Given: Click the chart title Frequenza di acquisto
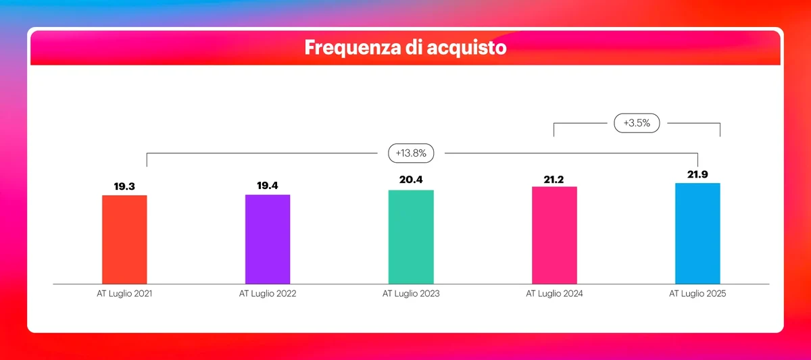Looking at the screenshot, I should (x=405, y=48).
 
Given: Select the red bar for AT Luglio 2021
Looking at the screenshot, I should (x=124, y=239).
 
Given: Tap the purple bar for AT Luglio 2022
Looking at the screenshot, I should (x=268, y=239).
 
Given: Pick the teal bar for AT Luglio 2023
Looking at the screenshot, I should (x=411, y=236).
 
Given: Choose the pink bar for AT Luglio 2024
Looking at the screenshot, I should (x=554, y=235).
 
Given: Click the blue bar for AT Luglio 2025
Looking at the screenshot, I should (x=697, y=233).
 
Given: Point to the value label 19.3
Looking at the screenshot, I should (x=124, y=185).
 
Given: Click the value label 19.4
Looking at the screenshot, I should (x=268, y=184).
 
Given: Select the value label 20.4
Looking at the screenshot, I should (x=411, y=180).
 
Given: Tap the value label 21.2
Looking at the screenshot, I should (x=554, y=176).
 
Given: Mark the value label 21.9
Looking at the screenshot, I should (x=697, y=173).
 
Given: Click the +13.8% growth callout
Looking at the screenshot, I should (x=411, y=153).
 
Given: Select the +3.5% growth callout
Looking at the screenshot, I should (x=637, y=124).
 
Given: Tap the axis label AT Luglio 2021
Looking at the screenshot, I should (x=124, y=294).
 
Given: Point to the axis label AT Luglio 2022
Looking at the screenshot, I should (x=268, y=294).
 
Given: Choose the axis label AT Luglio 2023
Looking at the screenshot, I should (x=411, y=294).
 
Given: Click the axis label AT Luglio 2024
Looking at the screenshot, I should (x=554, y=294).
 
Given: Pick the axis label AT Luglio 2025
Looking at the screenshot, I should (x=697, y=294).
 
